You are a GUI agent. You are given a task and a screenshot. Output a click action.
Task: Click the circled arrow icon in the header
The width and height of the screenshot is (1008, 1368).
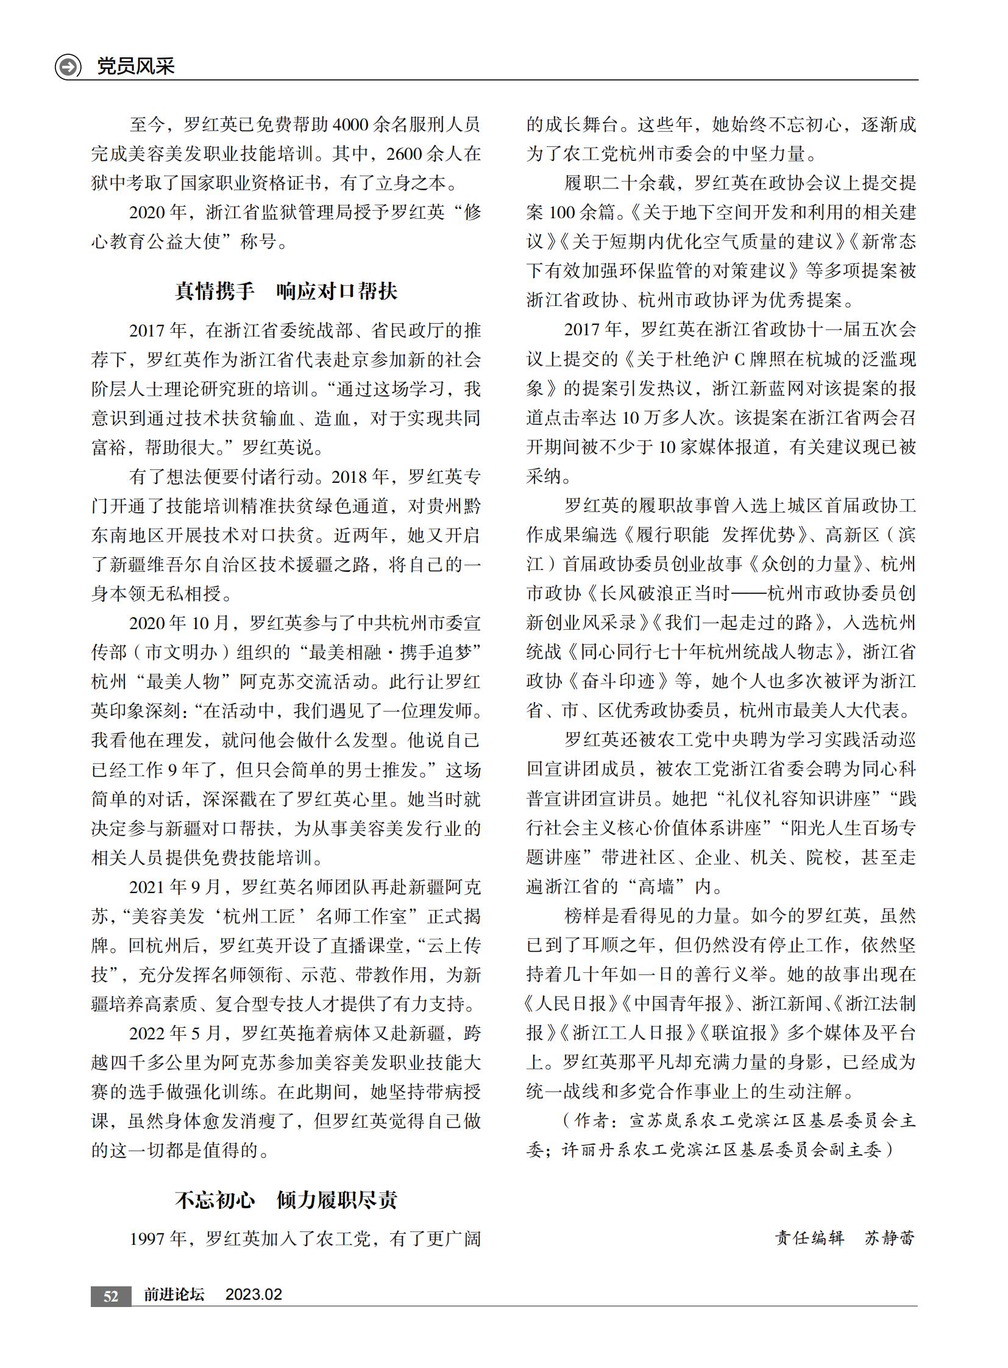68,66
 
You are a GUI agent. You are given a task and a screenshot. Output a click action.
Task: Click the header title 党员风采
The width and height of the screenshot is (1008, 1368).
135,66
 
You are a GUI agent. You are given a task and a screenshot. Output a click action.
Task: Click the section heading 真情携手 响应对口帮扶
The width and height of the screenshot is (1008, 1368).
286,291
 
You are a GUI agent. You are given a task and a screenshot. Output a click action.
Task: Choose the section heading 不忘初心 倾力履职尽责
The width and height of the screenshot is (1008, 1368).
286,1200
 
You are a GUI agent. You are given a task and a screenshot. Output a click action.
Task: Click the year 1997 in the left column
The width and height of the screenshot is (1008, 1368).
147,1239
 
